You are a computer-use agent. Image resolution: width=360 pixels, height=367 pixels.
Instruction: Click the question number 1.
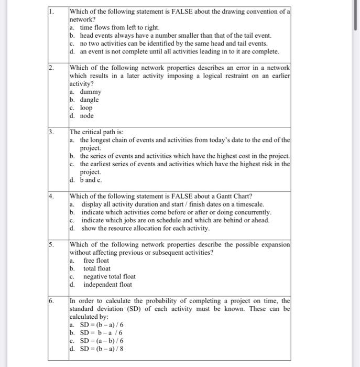[x=51, y=11]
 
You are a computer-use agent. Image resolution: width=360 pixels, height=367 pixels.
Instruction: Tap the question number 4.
[x=51, y=196]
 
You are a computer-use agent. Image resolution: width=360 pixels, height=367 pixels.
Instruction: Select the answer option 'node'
[x=86, y=116]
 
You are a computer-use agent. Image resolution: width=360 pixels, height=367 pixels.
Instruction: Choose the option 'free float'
[x=96, y=261]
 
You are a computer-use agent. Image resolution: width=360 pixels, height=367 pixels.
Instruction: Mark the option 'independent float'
[x=107, y=285]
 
